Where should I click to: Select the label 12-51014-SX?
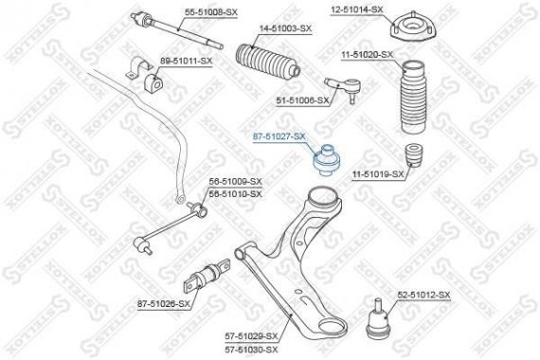point(356,9)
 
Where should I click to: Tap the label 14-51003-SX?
point(285,29)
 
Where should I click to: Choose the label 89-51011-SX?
point(186,60)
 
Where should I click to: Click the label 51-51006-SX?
point(302,99)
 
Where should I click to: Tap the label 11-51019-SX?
point(378,174)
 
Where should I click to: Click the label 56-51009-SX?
point(236,181)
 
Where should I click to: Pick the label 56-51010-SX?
point(236,192)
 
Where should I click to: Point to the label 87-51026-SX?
point(164,304)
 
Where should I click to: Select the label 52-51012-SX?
point(423,297)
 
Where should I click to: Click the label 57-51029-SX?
point(252,336)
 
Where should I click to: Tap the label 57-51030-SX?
point(252,349)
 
